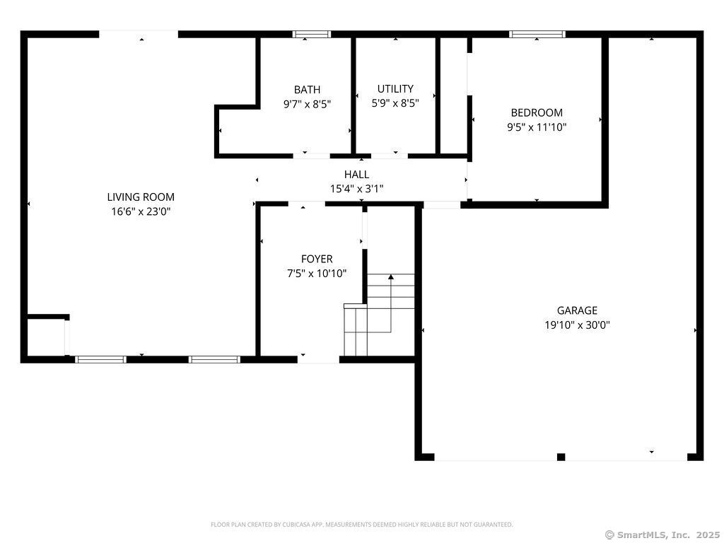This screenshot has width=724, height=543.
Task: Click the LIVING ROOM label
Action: point(141,197)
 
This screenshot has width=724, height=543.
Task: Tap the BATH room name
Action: point(307,90)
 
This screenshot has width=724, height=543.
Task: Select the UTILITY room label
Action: point(395,88)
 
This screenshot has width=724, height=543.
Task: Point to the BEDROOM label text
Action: point(537,112)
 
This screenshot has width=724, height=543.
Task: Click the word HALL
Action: point(356,175)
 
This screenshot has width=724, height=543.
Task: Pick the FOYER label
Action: point(317,259)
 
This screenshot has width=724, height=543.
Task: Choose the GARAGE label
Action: point(577,310)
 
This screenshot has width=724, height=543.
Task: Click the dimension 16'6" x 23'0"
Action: point(141,212)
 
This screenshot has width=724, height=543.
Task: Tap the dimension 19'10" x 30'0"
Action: point(577,325)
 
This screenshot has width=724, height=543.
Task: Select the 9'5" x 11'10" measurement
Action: point(537,127)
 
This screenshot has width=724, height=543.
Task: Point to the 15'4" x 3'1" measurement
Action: point(356,189)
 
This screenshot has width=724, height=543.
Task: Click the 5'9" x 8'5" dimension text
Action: point(395,103)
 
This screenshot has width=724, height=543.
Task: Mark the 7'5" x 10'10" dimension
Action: point(317,274)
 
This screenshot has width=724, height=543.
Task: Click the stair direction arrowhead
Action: point(391,277)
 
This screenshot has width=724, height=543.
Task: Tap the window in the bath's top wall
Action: point(312,34)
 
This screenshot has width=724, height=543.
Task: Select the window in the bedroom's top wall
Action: point(537,34)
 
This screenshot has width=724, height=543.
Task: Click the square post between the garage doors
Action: point(561,457)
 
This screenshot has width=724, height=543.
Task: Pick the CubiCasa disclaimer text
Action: point(361,525)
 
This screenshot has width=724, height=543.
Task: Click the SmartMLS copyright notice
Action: point(662,535)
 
